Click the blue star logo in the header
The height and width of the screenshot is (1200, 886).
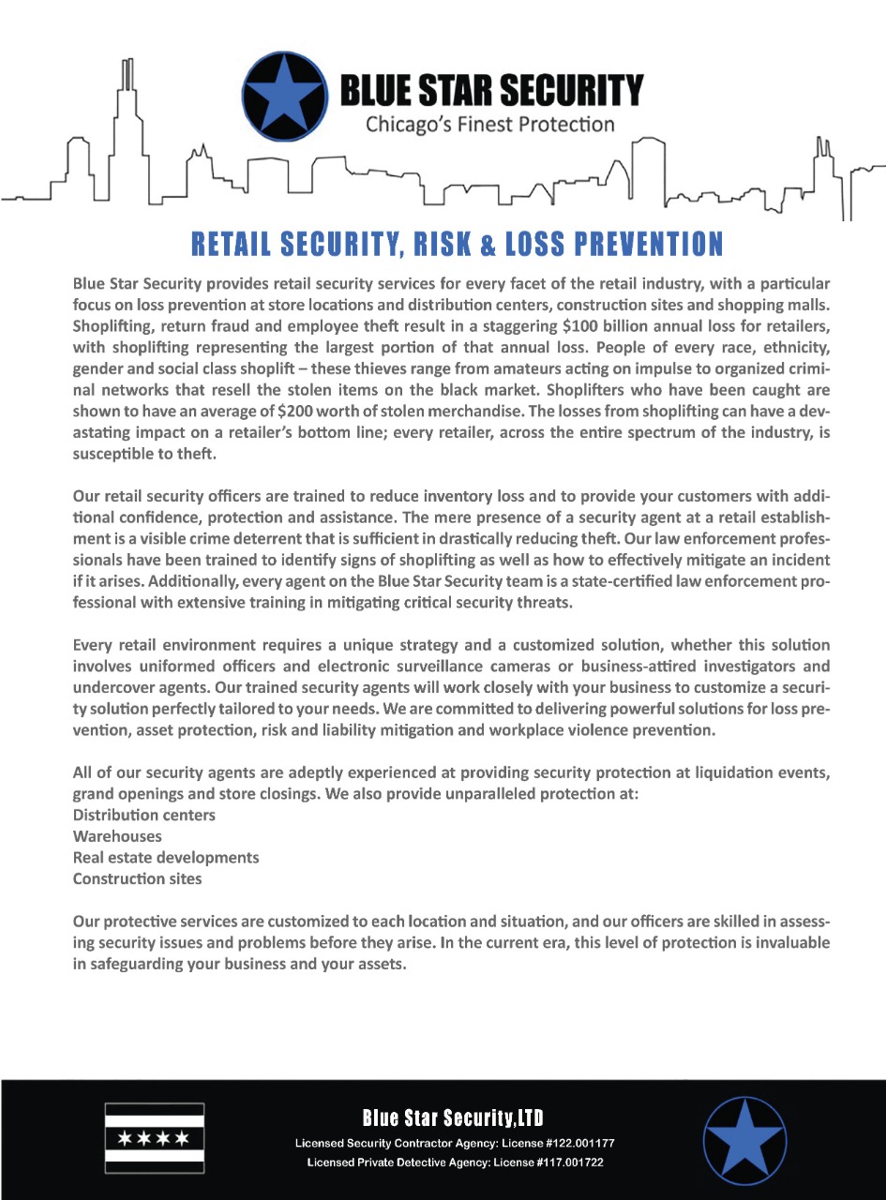pos(284,97)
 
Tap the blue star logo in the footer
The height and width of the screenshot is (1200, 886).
pos(744,1140)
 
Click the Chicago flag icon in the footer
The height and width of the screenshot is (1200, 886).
pos(154,1138)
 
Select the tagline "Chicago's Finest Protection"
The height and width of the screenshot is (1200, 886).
pos(490,124)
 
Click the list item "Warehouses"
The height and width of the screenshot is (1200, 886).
pos(117,836)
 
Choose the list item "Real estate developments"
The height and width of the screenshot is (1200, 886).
pos(166,858)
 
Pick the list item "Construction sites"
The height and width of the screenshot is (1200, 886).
pos(137,879)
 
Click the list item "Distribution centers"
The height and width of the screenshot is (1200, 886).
pos(143,815)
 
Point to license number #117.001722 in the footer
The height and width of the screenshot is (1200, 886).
pos(562,1162)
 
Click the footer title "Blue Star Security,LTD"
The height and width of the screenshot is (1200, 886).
pos(453,1117)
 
